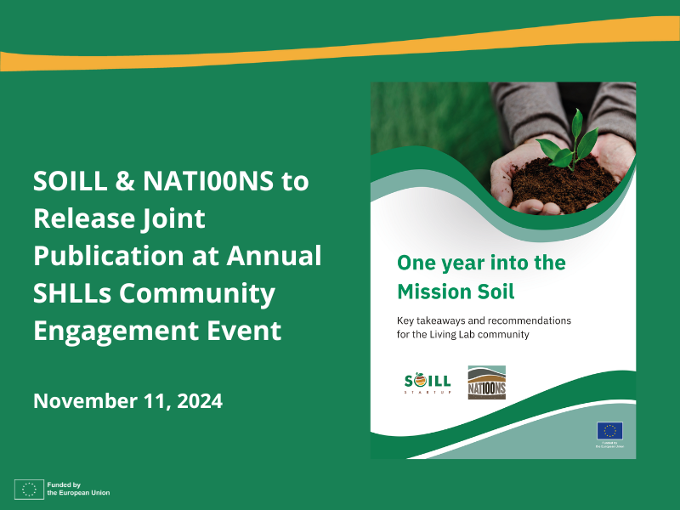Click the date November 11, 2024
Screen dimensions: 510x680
point(127,400)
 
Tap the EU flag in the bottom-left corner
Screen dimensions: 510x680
point(28,489)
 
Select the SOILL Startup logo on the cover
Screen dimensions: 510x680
point(428,382)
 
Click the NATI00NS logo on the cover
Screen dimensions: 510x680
point(486,382)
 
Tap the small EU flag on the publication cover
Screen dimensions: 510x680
point(609,430)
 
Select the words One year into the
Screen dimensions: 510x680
point(481,263)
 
